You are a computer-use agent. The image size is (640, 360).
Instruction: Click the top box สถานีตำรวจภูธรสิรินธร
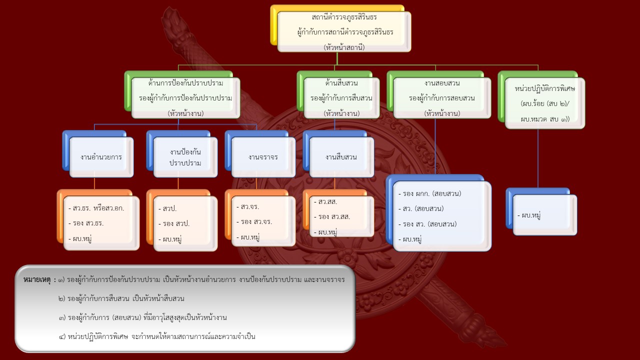344,31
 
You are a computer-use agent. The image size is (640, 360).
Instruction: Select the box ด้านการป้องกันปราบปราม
185,97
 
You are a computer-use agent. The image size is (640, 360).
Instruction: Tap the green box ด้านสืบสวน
341,97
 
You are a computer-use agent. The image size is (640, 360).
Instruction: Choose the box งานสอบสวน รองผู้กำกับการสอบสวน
441,97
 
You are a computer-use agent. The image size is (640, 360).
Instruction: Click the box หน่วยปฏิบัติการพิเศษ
544,103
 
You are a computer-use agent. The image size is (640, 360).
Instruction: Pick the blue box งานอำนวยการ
101,157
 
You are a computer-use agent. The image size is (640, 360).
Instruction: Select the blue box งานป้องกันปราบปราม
185,157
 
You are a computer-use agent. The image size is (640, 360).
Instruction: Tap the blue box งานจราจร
263,157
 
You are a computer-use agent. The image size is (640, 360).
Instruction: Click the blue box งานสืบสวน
341,157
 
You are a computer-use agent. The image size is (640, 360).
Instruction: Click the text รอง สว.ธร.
88,223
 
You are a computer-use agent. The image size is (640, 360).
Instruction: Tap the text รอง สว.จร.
256,222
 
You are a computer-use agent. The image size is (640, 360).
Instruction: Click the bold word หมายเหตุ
39,280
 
